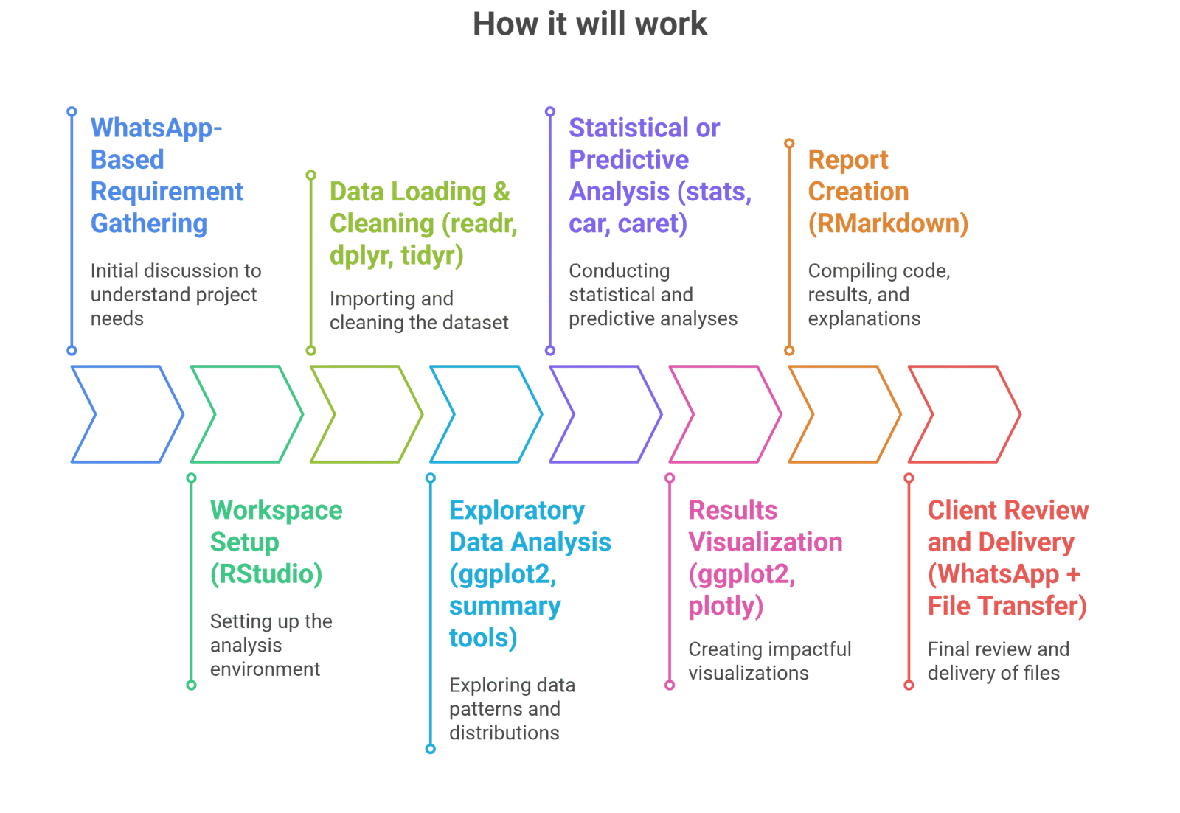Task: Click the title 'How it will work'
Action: coord(590,24)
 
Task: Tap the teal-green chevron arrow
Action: coord(246,414)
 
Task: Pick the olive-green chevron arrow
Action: coord(366,414)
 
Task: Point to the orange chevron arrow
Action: coord(844,414)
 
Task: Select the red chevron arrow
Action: coord(963,414)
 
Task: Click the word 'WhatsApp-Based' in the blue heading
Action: coord(156,129)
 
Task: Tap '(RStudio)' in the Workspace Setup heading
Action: coord(266,574)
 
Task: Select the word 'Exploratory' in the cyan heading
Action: coord(517,511)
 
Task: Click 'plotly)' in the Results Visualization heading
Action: coord(726,607)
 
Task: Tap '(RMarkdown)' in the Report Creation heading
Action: coord(888,223)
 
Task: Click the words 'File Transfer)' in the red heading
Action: coord(1007,607)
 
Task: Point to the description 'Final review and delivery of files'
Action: coord(997,661)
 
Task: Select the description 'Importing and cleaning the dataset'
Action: coord(419,311)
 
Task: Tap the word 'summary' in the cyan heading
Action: coord(505,607)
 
